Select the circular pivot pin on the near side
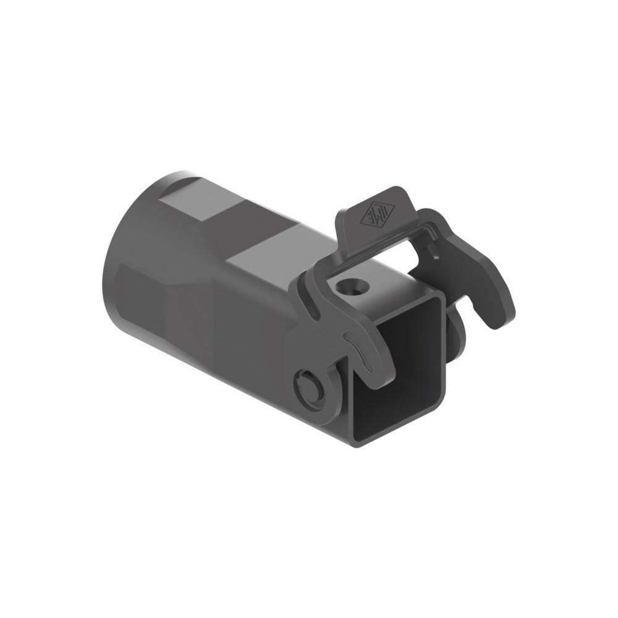tap(310, 387)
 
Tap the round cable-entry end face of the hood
tap(124, 260)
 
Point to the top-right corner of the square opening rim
tap(442, 300)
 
